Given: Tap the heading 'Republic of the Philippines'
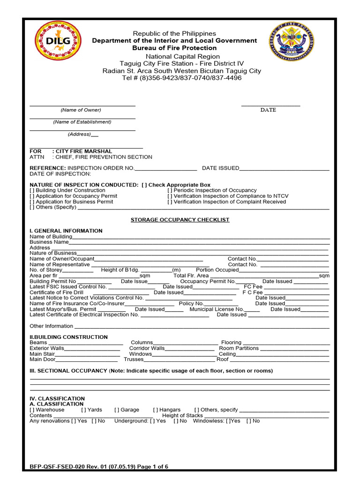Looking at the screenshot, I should pos(174,33).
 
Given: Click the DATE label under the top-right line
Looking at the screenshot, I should pos(268,110).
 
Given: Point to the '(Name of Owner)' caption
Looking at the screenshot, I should pos(81,110).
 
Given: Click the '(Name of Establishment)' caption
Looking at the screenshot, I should pos(82,122).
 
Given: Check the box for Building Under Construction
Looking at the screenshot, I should pos(32,190).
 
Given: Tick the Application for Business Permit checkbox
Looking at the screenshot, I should pos(32,202).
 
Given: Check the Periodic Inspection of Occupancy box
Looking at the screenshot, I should pos(170,190).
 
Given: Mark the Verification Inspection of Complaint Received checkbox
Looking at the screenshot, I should pos(170,202).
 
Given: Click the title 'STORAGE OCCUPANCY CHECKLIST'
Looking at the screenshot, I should pos(180,220).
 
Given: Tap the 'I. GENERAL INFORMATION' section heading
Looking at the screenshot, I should pos(66,231).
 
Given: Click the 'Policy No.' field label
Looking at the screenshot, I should pos(191,304).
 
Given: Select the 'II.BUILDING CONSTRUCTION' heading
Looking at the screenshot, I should pos(68,337).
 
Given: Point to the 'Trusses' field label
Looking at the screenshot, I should pos(133,360).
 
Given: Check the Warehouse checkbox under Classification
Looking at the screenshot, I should pos(32,410).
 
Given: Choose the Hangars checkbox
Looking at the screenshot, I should pos(156,410).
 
